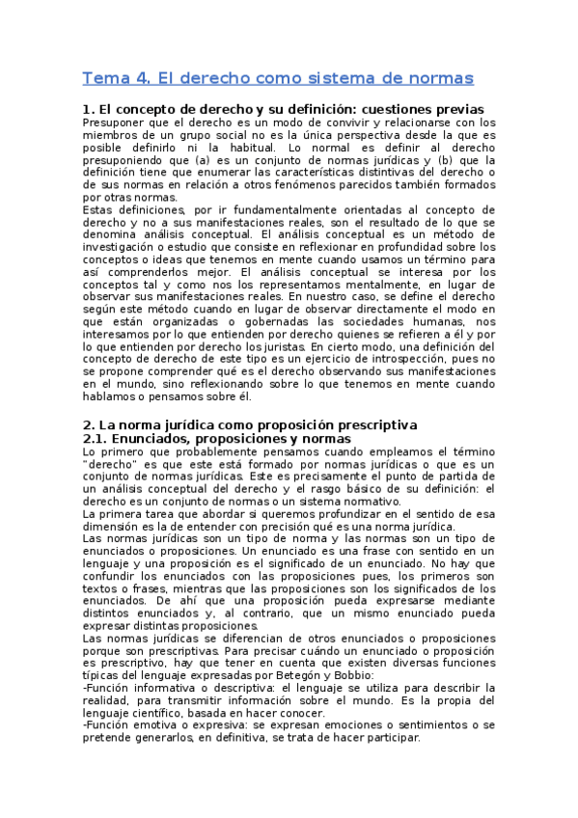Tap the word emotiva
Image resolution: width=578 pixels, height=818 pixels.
pos(147,723)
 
